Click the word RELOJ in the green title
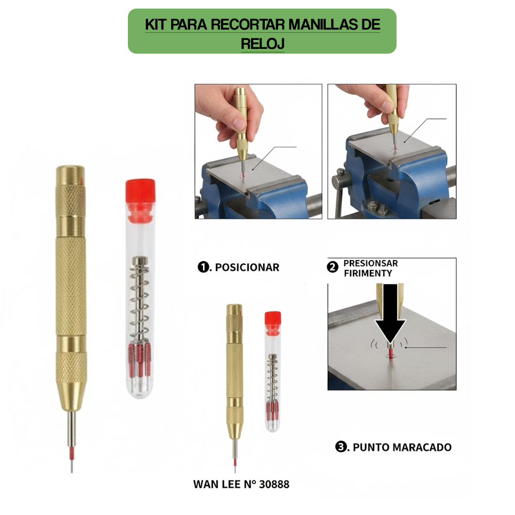click(x=262, y=44)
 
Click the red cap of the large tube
click(x=140, y=191)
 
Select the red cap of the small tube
click(x=273, y=318)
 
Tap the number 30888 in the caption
click(x=274, y=485)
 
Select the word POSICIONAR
click(x=247, y=267)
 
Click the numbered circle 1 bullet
click(x=203, y=267)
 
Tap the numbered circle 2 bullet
click(x=333, y=267)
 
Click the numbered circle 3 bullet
click(x=341, y=447)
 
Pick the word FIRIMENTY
click(x=368, y=273)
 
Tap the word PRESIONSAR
click(x=370, y=263)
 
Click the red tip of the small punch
click(x=235, y=462)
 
